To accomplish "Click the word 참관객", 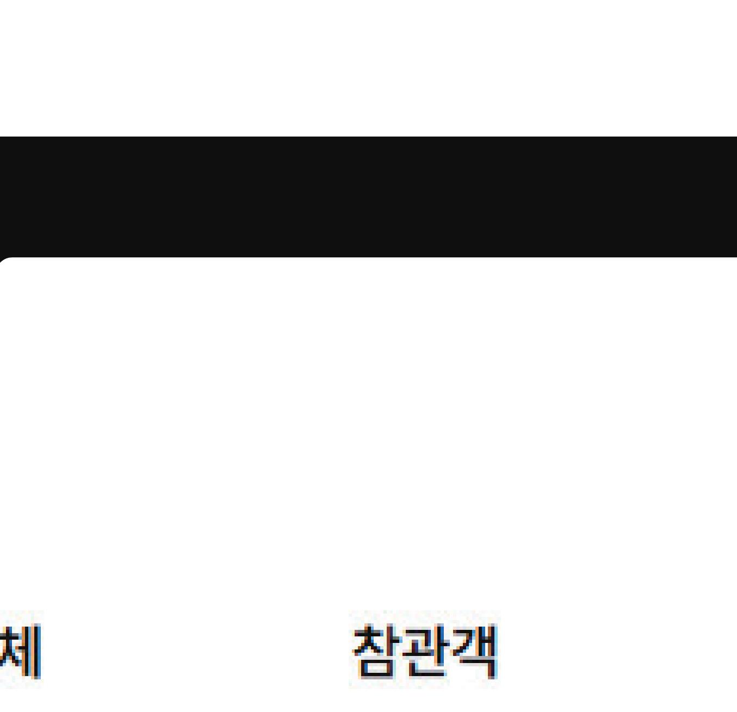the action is pyautogui.click(x=425, y=651).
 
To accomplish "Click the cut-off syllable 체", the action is pyautogui.click(x=21, y=652).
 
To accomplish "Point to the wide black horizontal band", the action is pyautogui.click(x=368, y=196).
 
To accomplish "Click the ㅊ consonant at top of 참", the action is pyautogui.click(x=369, y=639).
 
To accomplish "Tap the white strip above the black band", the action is pyautogui.click(x=368, y=68).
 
